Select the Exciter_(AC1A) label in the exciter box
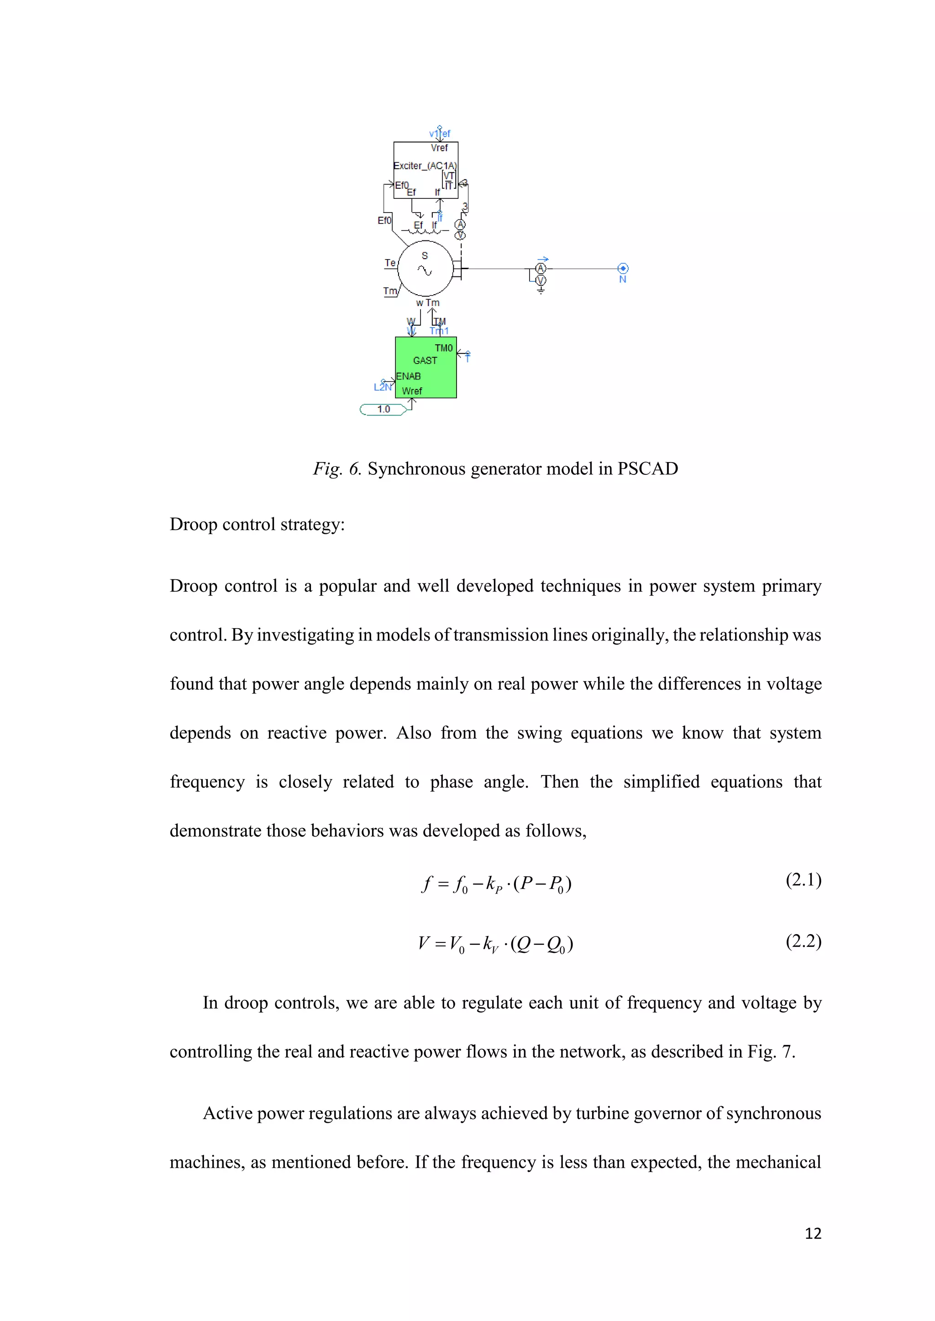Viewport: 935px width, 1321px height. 425,166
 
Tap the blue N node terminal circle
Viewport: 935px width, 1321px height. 622,269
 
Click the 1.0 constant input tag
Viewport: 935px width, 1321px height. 383,409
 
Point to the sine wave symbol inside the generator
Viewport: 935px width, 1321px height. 425,270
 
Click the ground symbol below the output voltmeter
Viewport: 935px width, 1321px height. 541,291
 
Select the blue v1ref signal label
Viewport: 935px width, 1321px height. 439,134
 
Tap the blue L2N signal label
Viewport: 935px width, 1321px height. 382,387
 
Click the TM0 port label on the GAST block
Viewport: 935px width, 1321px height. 443,348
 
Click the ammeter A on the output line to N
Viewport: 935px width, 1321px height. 541,269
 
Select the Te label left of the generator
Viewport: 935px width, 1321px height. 390,263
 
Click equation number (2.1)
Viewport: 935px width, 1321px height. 803,880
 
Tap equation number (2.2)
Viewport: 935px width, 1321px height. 803,941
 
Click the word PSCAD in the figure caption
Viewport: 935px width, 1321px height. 648,469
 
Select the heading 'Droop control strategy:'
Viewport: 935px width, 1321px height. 257,524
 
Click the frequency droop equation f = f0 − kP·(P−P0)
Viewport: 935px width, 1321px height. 496,884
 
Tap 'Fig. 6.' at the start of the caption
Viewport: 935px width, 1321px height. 337,469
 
